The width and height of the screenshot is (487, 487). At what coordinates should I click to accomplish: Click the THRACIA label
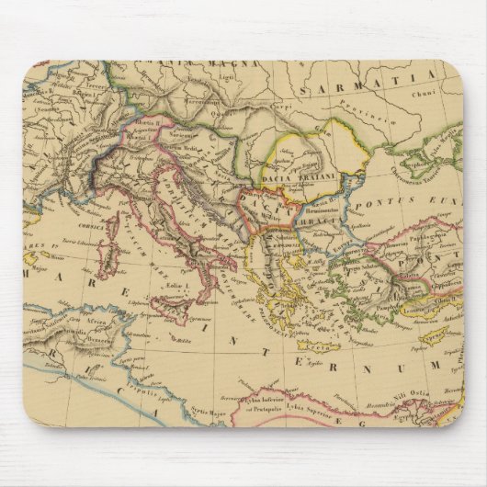pos(317,222)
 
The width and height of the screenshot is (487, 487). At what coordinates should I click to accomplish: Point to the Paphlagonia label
pos(422,235)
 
